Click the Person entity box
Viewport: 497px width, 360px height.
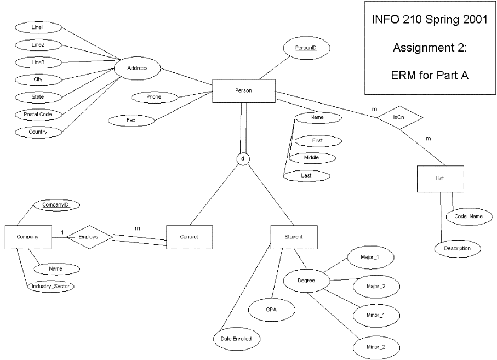click(244, 91)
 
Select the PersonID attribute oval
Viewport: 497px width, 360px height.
click(306, 48)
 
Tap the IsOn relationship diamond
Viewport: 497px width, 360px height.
click(399, 118)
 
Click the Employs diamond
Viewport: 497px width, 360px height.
click(89, 237)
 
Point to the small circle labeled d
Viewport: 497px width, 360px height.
click(243, 159)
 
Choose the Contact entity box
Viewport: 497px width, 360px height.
click(190, 237)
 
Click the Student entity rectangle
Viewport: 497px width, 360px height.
click(294, 237)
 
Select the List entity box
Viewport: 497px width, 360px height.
click(440, 179)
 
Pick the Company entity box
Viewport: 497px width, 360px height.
click(28, 237)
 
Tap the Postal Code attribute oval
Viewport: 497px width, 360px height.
click(38, 115)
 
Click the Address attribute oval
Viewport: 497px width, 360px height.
click(137, 68)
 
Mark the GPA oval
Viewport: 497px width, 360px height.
click(272, 310)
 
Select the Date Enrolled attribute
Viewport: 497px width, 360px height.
click(237, 339)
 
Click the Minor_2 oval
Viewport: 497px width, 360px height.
click(376, 347)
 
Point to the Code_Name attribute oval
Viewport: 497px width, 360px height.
click(469, 217)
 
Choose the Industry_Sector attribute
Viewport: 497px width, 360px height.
click(50, 287)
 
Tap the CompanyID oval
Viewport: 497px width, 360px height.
click(56, 205)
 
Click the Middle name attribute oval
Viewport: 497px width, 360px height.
click(312, 158)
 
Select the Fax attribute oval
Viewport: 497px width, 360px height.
click(131, 121)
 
